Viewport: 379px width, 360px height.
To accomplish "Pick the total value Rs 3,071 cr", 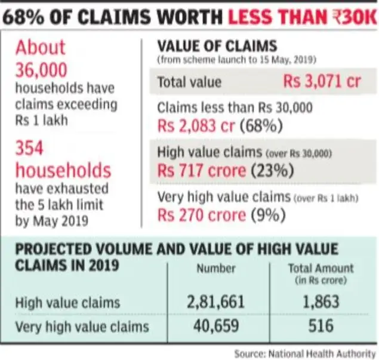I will pos(322,82).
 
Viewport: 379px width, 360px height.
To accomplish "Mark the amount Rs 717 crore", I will pos(202,171).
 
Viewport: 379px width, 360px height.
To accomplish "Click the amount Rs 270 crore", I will pos(202,215).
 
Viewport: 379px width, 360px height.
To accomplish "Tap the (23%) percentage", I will pos(273,171).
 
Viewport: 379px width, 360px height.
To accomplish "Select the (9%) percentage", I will pos(267,215).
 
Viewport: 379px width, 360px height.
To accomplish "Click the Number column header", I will pos(215,269).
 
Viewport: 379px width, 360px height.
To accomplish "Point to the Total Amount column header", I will pos(321,269).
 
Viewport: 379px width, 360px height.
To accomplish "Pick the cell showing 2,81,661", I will pos(215,302).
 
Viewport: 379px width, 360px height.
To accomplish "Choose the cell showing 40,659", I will pos(215,327).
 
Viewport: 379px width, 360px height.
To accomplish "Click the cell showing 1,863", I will pos(321,302).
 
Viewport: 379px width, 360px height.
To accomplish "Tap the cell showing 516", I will pos(321,327).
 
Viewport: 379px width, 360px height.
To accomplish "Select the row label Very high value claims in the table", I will pos(82,327).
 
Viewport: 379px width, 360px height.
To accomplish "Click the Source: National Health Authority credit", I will pos(304,352).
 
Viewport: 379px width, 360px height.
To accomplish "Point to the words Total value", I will pos(189,82).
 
